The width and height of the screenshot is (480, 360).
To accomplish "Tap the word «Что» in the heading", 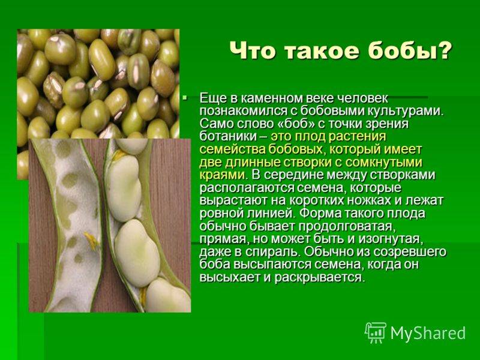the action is coord(253,50).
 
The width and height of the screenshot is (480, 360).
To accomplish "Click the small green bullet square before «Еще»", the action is coord(184,98).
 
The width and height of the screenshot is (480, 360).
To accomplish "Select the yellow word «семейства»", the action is coord(232,149).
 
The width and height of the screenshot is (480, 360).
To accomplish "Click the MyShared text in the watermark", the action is coord(428,333).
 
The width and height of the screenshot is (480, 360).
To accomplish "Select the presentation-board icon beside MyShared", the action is coord(376,333).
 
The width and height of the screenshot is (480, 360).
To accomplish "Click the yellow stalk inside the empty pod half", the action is coord(92,241).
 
